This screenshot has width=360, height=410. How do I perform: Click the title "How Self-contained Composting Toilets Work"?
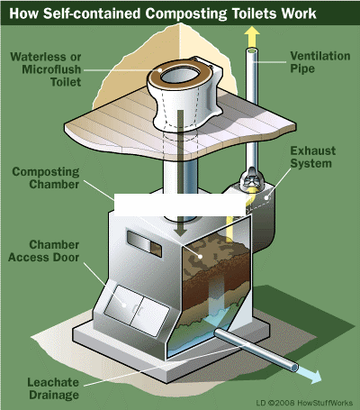coord(163,14)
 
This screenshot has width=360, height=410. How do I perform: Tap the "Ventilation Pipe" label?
coord(320,62)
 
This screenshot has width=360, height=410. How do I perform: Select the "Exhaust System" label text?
coord(313,157)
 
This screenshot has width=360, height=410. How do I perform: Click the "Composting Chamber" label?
coord(46,178)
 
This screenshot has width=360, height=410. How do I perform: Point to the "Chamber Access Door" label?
coord(44,251)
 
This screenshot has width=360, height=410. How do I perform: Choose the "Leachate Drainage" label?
coord(53,388)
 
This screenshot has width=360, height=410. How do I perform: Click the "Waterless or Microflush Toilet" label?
coord(46,69)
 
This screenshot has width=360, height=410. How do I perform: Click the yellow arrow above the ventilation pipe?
coord(252,36)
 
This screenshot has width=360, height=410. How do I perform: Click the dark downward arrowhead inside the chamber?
coord(181,232)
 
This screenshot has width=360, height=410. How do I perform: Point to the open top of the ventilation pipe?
coord(252,51)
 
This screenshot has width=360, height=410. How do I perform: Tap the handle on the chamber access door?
coord(135,309)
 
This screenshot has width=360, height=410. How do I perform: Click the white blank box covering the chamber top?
coord(180,205)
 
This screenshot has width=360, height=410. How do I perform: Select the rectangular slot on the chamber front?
coord(144,244)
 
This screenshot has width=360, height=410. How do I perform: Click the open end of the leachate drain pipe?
coord(294,367)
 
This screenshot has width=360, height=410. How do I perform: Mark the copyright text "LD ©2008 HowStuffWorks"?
coord(304,403)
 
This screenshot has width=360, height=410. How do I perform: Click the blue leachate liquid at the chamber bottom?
coord(198,333)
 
